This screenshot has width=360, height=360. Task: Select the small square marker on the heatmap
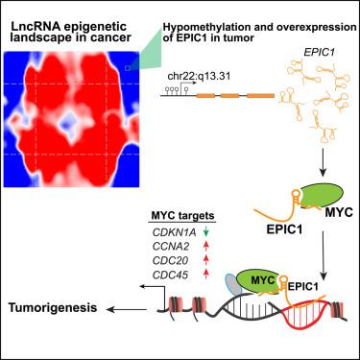point(129,69)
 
